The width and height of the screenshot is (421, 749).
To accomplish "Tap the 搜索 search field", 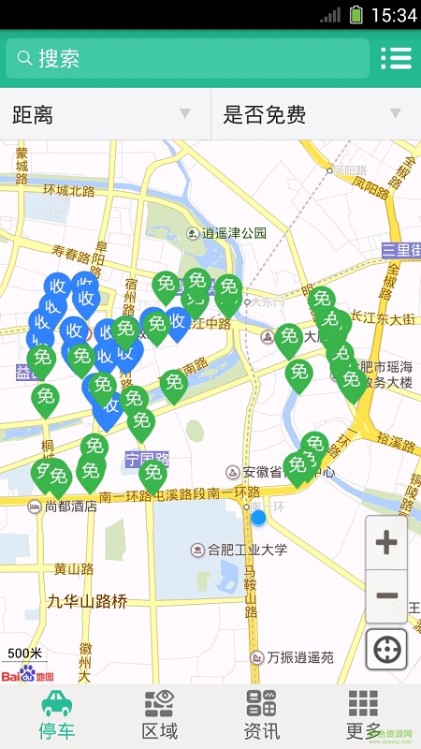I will [x=187, y=58].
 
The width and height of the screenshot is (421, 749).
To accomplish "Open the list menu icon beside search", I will [x=396, y=58].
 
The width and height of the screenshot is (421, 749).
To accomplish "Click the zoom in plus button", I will [x=386, y=543].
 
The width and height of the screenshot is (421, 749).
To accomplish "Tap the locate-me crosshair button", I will [x=386, y=649].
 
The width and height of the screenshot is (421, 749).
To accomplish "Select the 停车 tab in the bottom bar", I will [x=56, y=716].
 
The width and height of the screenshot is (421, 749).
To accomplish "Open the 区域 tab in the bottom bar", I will [x=159, y=716].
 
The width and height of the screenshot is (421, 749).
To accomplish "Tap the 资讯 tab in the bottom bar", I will [x=261, y=716].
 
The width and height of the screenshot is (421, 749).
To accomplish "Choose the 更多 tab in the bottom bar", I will [x=363, y=716].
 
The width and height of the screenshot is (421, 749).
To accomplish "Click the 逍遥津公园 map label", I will [x=234, y=233].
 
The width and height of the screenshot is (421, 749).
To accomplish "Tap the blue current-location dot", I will [x=258, y=517].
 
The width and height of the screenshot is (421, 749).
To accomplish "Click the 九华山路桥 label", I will [x=87, y=602].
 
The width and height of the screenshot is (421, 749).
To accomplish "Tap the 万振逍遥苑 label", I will [x=299, y=657].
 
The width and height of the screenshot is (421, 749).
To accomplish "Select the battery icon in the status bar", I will [x=356, y=14].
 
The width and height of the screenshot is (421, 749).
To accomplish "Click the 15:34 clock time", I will [x=394, y=15].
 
